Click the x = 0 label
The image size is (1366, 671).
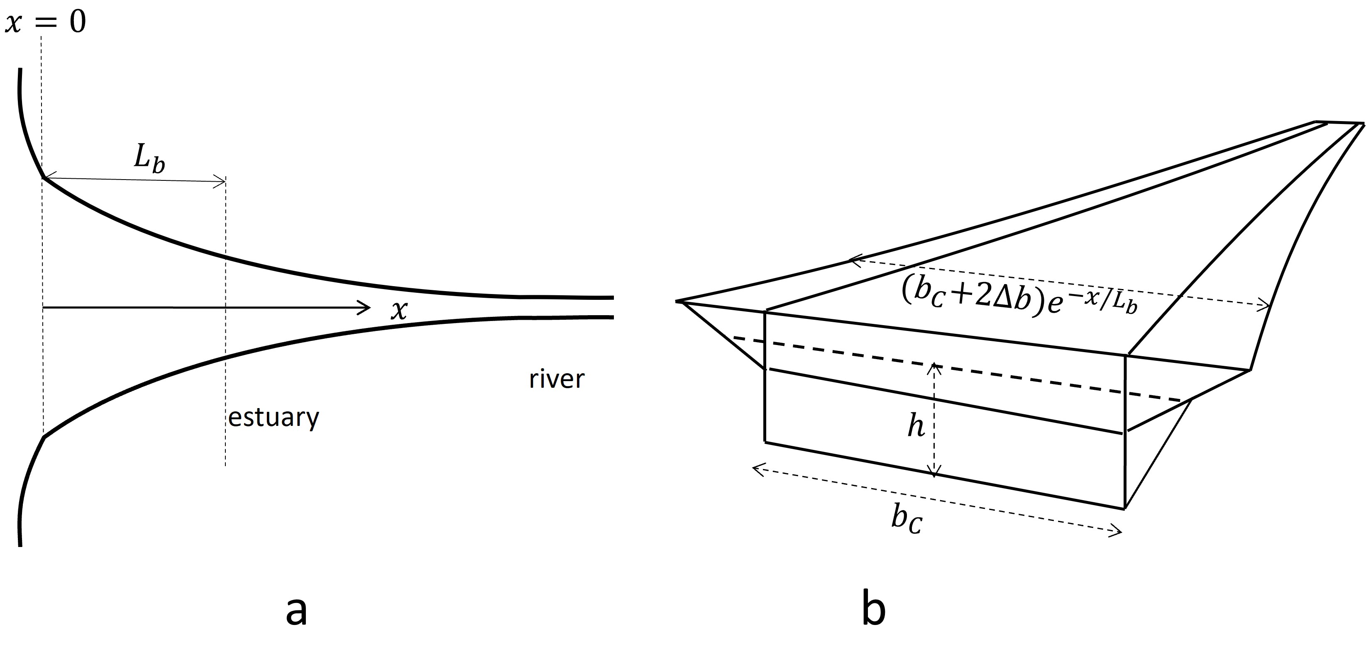pos(45,23)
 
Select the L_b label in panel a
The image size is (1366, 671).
pos(149,158)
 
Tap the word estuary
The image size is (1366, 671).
pos(274,418)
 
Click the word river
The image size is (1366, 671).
pos(556,379)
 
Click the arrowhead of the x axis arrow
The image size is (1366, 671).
pos(367,307)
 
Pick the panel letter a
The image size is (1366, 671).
pos(296,610)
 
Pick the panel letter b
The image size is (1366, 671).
pos(873,610)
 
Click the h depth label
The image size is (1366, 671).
pos(916,427)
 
